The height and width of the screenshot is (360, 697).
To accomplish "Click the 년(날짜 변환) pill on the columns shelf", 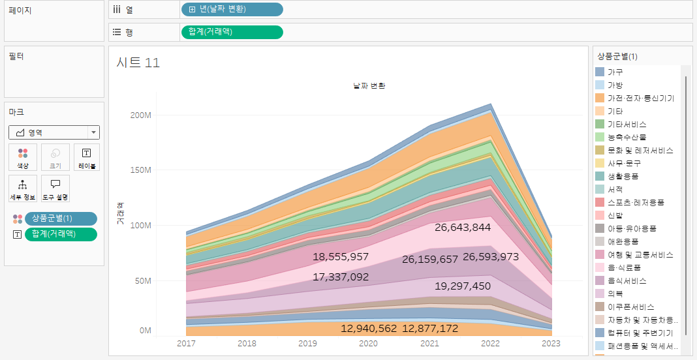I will (232, 10).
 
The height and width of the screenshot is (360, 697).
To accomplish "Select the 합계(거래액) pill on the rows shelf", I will (232, 32).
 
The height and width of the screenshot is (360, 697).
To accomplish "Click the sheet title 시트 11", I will (138, 63).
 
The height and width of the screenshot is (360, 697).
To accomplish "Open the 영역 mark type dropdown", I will (54, 132).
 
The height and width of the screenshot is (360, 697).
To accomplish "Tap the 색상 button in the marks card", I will (23, 157).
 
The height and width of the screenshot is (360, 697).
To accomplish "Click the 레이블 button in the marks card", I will (87, 157).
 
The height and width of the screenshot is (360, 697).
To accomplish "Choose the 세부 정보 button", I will (23, 188).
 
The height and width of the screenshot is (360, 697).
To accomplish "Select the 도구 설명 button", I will (55, 188).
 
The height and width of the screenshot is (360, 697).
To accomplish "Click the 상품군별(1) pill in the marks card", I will (60, 218).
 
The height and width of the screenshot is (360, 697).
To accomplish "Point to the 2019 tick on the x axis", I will (307, 344).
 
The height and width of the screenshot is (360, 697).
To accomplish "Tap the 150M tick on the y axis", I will (141, 170).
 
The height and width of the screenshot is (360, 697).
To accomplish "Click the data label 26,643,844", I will (462, 227).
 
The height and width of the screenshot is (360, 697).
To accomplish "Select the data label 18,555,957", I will (341, 257).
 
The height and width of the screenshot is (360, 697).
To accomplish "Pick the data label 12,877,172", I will (430, 328).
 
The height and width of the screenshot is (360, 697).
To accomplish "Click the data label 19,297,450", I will (462, 286).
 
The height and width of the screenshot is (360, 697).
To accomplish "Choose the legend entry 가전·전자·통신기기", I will (640, 98).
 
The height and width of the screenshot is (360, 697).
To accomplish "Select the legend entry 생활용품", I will (623, 176).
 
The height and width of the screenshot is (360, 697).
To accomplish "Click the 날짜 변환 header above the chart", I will (369, 85).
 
